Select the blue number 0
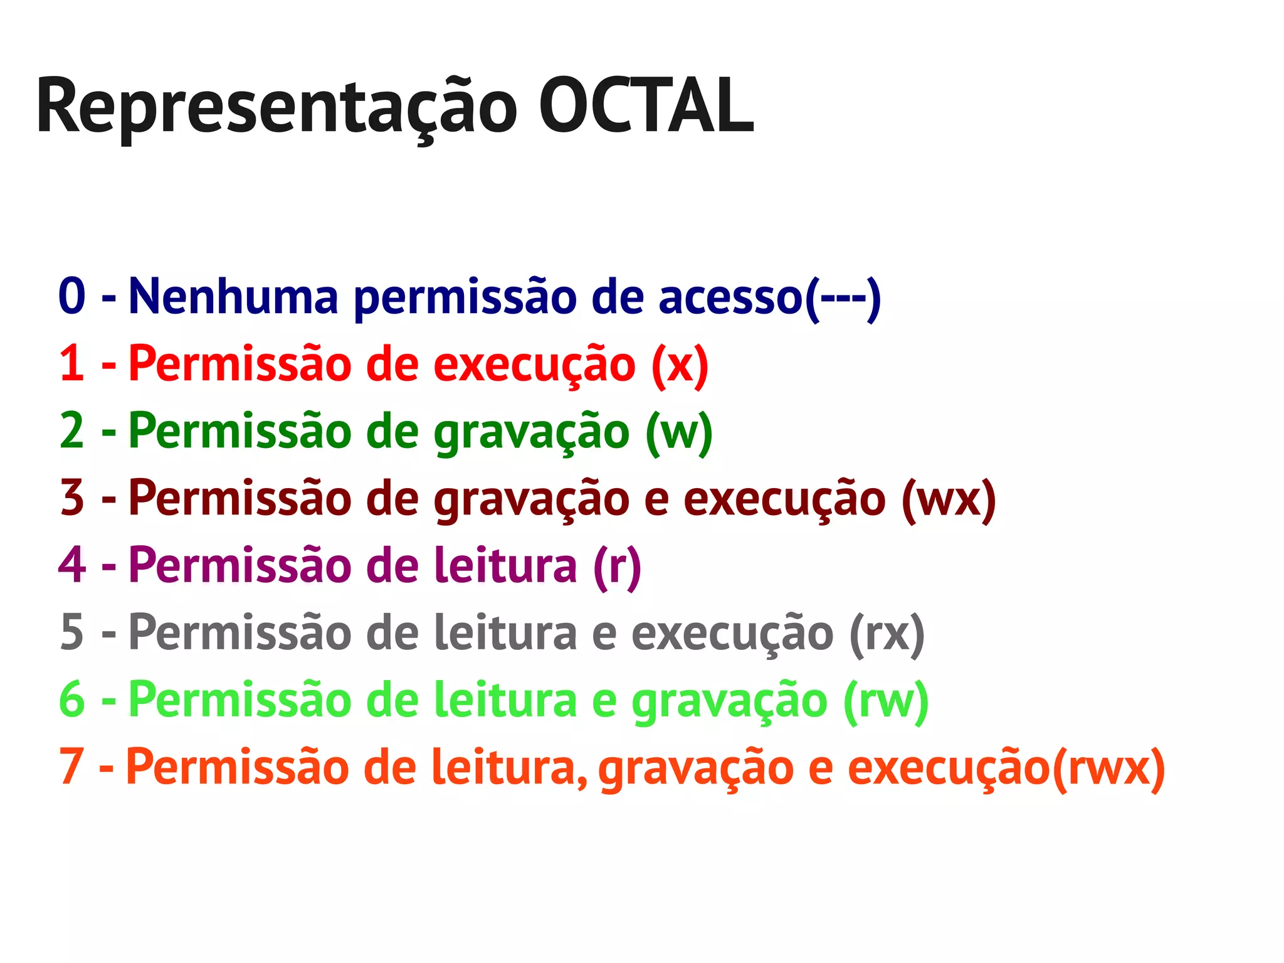pos(72,295)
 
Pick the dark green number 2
pos(72,430)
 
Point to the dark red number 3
pos(72,497)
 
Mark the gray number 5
pos(72,632)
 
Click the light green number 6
pos(72,699)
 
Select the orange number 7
pos(71,766)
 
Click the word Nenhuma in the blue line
pos(233,295)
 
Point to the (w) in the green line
pos(680,432)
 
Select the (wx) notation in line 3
pos(949,499)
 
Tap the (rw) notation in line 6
pos(886,701)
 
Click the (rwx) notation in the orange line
pos(1108,768)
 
